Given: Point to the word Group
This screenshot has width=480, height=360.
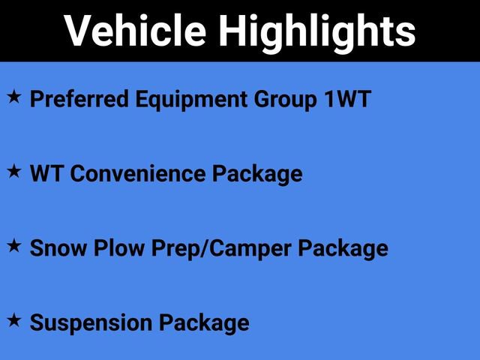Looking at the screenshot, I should pyautogui.click(x=281, y=100).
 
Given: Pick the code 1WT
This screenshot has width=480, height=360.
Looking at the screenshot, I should pyautogui.click(x=348, y=100).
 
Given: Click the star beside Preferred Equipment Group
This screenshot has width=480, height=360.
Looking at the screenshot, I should pyautogui.click(x=14, y=97).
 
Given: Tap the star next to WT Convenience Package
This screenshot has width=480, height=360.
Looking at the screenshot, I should pyautogui.click(x=14, y=172).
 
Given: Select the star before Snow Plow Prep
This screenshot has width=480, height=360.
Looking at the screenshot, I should pyautogui.click(x=14, y=245).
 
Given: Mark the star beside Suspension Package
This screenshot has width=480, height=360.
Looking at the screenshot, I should pyautogui.click(x=14, y=320).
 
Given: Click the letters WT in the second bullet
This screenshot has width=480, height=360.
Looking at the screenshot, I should pyautogui.click(x=45, y=174).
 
